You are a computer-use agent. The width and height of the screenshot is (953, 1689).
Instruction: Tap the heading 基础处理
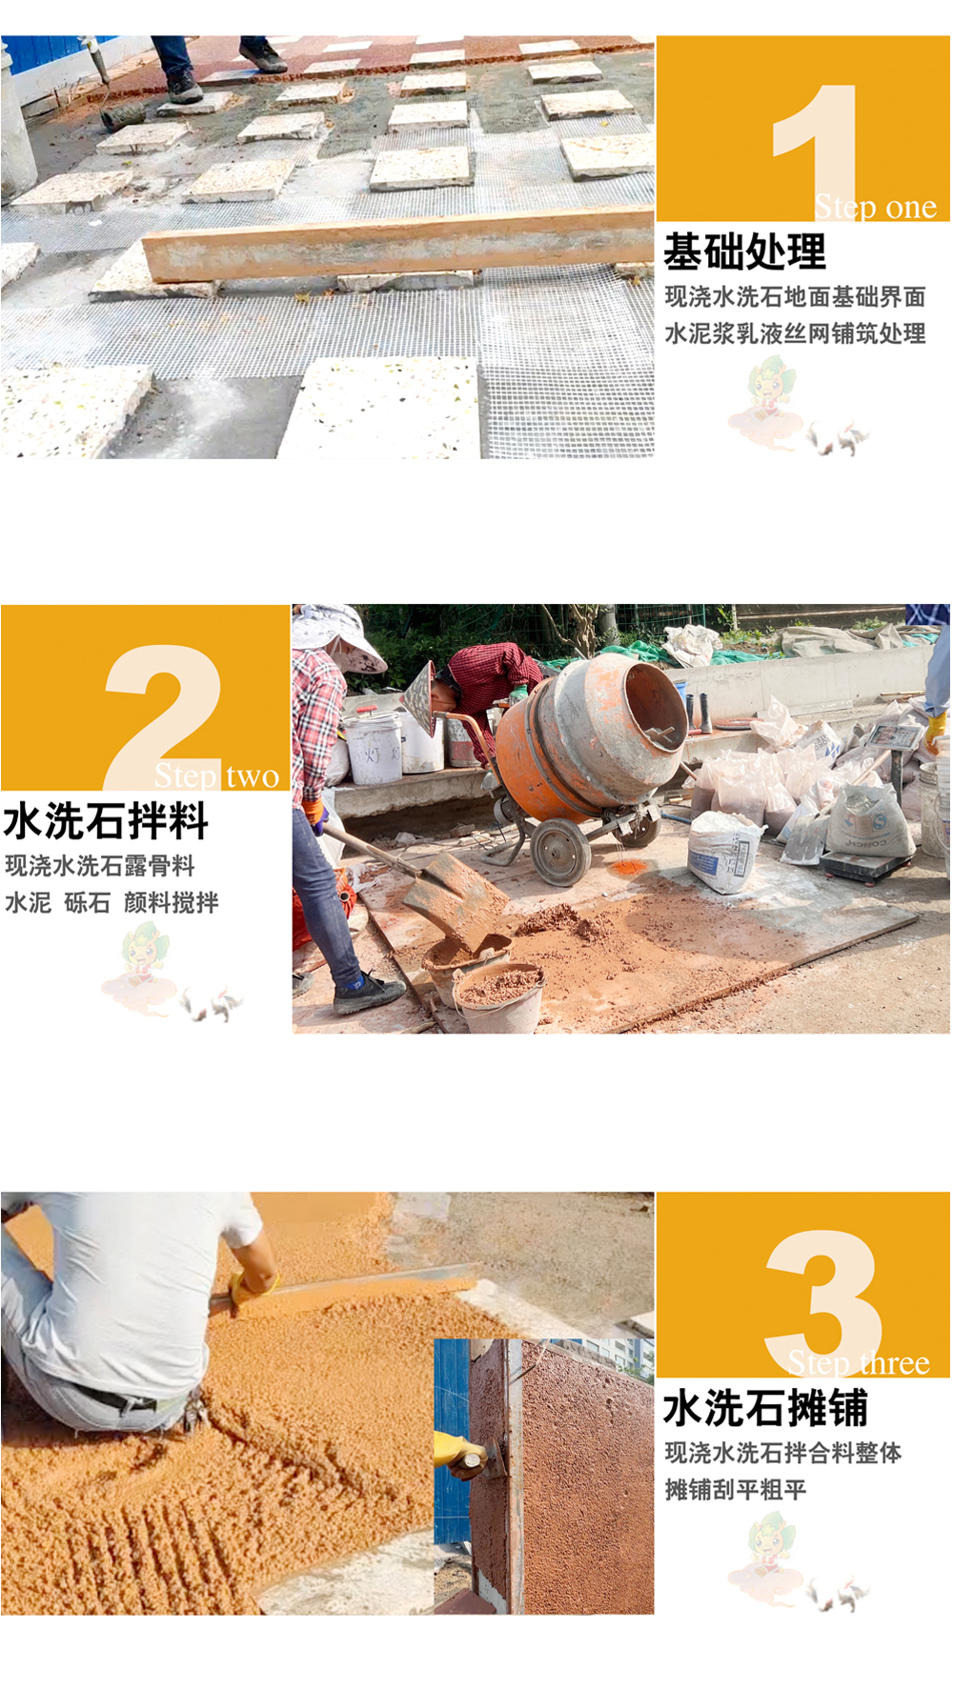pyautogui.click(x=745, y=252)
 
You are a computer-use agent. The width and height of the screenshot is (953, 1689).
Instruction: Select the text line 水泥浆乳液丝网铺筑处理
pyautogui.click(x=795, y=333)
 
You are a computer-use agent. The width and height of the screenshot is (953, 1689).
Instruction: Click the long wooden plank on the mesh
pyautogui.click(x=398, y=245)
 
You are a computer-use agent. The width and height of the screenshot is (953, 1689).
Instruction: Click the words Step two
pyautogui.click(x=217, y=776)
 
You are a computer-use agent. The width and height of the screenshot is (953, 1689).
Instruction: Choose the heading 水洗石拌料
pyautogui.click(x=106, y=821)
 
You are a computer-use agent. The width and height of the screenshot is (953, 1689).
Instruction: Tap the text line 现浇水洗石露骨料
pyautogui.click(x=100, y=865)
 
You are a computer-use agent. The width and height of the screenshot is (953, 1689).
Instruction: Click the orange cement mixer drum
pyautogui.click(x=591, y=735)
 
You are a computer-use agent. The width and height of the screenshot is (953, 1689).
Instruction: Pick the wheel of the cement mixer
pyautogui.click(x=561, y=851)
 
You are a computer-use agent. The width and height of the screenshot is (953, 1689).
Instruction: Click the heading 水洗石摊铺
pyautogui.click(x=766, y=1408)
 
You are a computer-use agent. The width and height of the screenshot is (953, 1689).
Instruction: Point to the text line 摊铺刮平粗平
pyautogui.click(x=736, y=1489)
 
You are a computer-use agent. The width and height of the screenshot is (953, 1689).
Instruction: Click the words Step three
pyautogui.click(x=859, y=1363)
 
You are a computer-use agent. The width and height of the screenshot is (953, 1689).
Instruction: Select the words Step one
pyautogui.click(x=876, y=207)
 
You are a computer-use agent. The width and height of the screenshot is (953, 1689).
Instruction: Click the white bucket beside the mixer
pyautogui.click(x=374, y=748)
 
